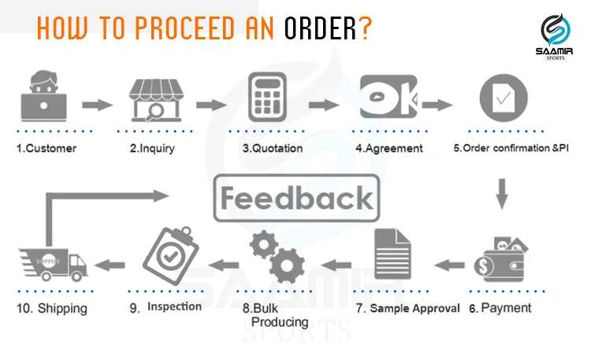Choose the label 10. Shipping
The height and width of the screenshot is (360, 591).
[54, 307]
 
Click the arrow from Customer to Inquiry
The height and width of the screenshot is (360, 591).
[98, 103]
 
